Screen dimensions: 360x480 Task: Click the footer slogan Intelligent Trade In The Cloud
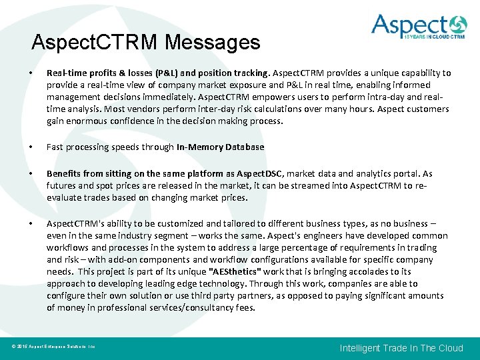pos(401,348)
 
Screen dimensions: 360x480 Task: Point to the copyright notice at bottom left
pos(53,347)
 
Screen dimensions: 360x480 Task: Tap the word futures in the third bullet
pos(63,185)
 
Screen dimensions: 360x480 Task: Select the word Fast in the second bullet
pos(56,147)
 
